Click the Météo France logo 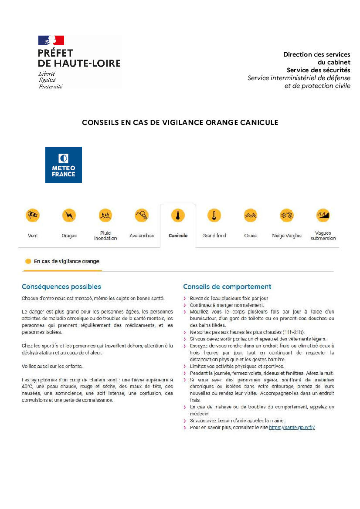pyautogui.click(x=64, y=165)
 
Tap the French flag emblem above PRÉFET pyautogui.click(x=51, y=40)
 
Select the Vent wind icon pyautogui.click(x=33, y=215)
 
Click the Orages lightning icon pyautogui.click(x=69, y=215)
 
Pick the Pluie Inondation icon pyautogui.click(x=105, y=215)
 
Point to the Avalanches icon pyautogui.click(x=142, y=215)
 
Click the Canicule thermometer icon pyautogui.click(x=178, y=215)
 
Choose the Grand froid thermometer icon pyautogui.click(x=214, y=215)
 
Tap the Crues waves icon pyautogui.click(x=250, y=215)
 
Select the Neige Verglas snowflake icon pyautogui.click(x=286, y=215)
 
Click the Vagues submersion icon pyautogui.click(x=323, y=215)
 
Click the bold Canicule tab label pyautogui.click(x=178, y=236)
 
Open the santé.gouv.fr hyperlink pyautogui.click(x=292, y=428)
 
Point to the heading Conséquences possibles pyautogui.click(x=61, y=287)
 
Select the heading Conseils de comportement pyautogui.click(x=227, y=287)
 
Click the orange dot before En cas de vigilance pyautogui.click(x=28, y=261)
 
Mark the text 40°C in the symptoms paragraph pyautogui.click(x=29, y=386)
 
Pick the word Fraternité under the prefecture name pyautogui.click(x=51, y=86)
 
